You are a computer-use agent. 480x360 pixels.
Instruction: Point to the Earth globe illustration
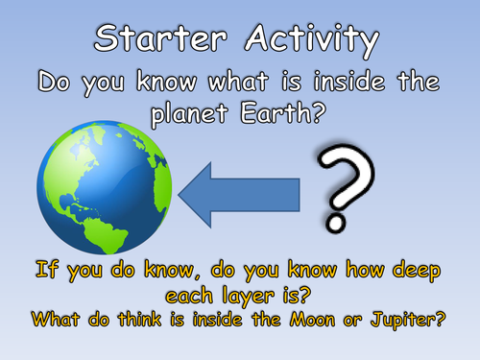click(x=104, y=187)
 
